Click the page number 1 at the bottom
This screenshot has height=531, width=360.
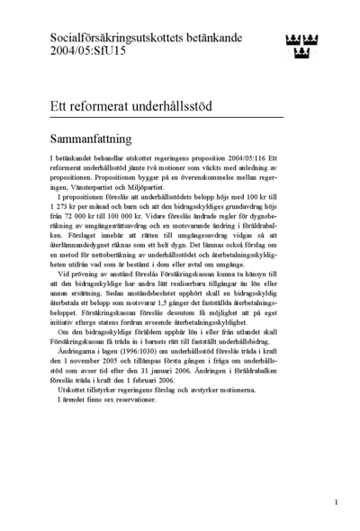(x=335, y=502)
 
